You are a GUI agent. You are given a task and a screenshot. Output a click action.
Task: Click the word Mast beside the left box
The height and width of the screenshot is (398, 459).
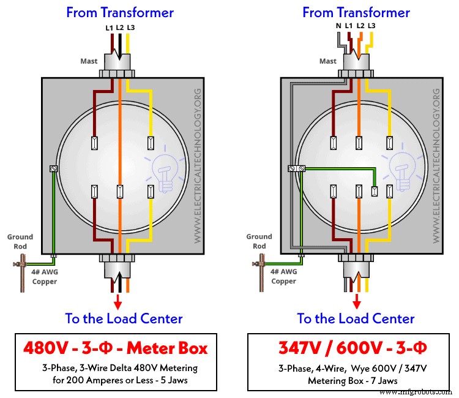tap(89, 61)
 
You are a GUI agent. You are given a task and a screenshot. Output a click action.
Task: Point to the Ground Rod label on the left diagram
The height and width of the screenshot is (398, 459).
tap(20, 241)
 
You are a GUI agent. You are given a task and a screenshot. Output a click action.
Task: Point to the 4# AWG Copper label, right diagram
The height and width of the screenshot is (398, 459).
tap(283, 277)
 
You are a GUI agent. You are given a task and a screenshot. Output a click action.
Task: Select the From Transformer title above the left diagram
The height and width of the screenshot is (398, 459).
tap(120, 12)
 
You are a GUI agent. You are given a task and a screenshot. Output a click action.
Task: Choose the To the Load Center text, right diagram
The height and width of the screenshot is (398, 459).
tap(356, 318)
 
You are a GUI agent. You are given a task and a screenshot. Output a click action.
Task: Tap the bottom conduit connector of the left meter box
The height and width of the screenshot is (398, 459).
tap(118, 266)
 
